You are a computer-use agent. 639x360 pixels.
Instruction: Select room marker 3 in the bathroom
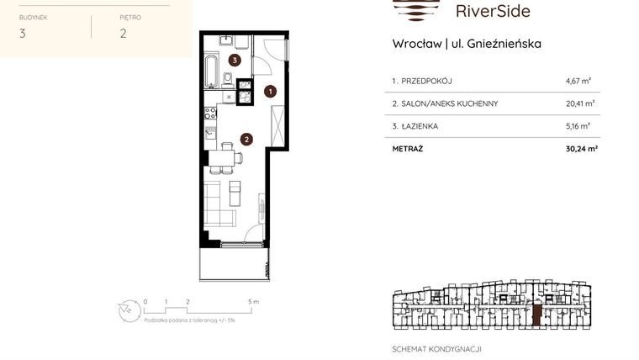[235, 60]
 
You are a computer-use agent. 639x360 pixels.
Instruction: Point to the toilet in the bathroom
[228, 80]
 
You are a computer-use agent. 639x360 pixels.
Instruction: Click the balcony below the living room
[235, 263]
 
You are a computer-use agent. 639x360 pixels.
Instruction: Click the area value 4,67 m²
[578, 82]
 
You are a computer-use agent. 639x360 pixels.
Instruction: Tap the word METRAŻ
[408, 149]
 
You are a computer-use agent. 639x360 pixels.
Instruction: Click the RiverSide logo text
[492, 11]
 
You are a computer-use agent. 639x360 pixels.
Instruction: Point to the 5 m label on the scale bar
[253, 300]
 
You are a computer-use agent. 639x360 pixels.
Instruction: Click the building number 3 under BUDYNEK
[22, 34]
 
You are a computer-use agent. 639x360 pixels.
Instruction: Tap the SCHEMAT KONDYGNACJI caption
[436, 348]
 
